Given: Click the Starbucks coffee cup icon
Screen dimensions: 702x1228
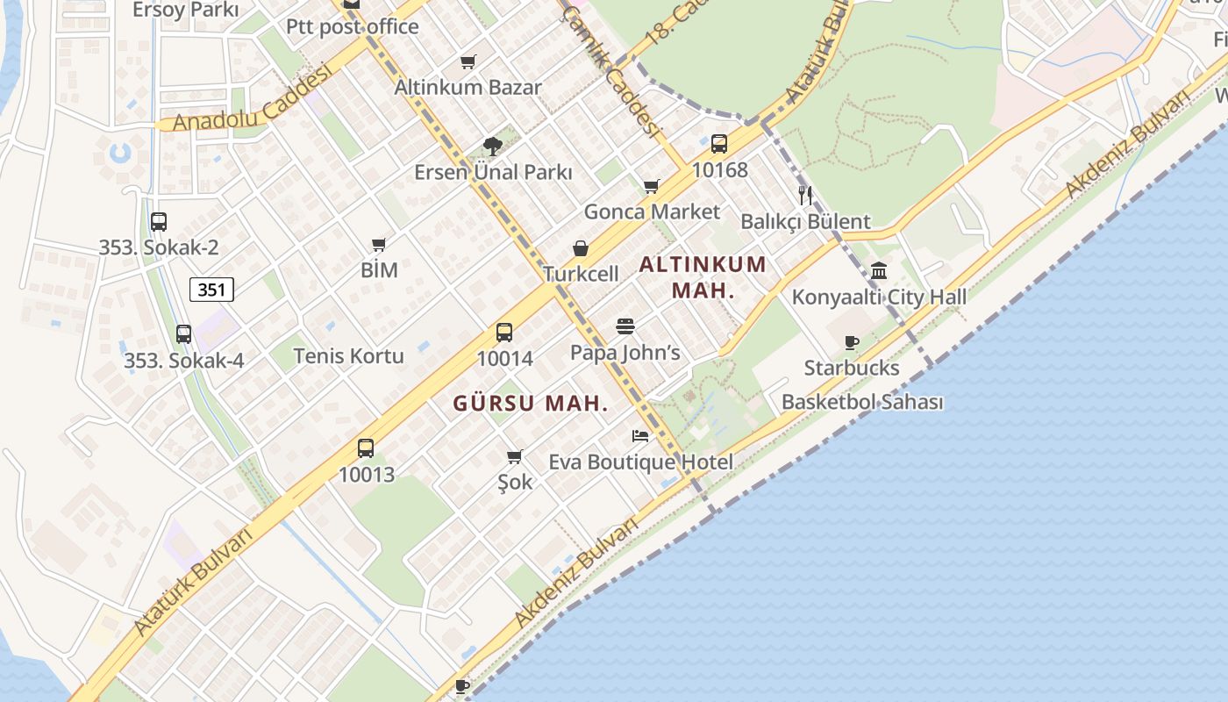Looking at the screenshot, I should click(851, 342).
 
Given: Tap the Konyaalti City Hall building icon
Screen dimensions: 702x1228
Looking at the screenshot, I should click(879, 270).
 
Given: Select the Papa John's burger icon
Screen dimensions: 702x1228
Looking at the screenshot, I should click(625, 327).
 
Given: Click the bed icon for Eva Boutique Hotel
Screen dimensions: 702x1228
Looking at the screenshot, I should click(640, 436).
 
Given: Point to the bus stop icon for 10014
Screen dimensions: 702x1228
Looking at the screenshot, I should click(504, 333).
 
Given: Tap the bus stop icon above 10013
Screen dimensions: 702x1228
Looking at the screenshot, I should click(366, 448).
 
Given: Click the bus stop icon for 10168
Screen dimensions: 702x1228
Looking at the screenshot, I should click(719, 144).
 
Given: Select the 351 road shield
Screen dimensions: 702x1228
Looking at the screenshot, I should click(211, 290).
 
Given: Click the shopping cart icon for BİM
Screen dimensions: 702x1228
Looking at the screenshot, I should click(379, 245).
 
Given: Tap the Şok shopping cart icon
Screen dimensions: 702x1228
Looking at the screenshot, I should click(515, 456).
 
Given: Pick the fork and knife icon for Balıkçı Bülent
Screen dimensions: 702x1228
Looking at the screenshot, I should click(805, 195).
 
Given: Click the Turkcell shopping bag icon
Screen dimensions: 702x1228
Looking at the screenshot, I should click(581, 249).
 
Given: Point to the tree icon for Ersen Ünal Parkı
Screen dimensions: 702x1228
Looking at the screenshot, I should click(493, 147).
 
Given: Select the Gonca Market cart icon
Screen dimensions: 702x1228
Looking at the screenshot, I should click(651, 186).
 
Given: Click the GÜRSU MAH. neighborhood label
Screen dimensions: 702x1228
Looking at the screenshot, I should click(531, 404).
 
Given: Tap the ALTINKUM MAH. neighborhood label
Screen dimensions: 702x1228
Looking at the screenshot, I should click(703, 276).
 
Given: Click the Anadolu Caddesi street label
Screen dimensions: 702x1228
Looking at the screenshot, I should click(252, 97).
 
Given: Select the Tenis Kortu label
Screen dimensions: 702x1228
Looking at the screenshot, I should click(348, 355).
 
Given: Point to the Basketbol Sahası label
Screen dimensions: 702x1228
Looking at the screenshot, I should click(862, 402).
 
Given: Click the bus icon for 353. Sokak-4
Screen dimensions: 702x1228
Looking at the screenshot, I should click(183, 334).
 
